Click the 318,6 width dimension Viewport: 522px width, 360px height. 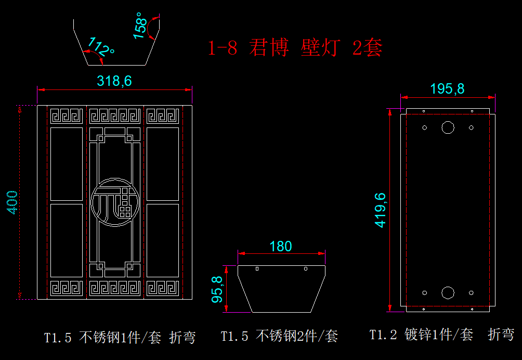click(114, 81)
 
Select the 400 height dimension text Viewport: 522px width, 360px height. click(12, 202)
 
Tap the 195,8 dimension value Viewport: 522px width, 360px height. click(447, 88)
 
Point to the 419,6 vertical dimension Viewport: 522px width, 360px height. click(380, 209)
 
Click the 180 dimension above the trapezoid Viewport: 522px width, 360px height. click(281, 246)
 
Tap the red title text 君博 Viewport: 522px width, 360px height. click(268, 48)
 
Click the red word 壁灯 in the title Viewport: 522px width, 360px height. click(320, 48)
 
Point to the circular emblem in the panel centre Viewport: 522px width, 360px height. click(115, 202)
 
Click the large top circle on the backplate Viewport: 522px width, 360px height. click(448, 127)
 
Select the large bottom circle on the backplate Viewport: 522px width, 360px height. click(448, 292)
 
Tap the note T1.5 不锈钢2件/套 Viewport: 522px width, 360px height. click(279, 337)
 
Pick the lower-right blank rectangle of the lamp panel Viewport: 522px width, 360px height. click(163, 240)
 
